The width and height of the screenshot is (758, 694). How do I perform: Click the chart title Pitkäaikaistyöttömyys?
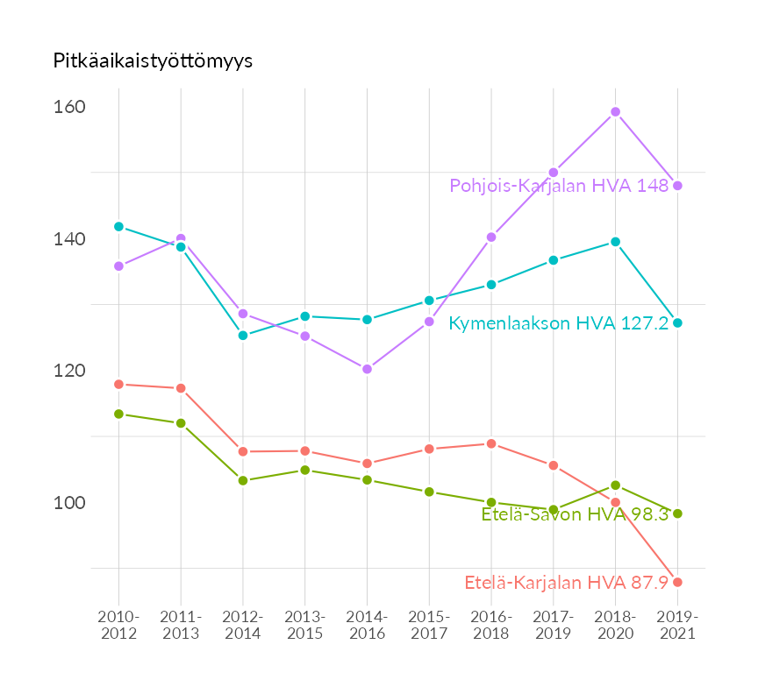point(153,60)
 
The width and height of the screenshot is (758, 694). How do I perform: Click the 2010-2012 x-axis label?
point(118,625)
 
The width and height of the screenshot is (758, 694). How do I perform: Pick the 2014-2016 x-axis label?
point(367,625)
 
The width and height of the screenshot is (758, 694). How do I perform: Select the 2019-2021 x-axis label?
point(677,625)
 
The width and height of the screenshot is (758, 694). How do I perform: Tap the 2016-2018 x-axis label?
point(491,625)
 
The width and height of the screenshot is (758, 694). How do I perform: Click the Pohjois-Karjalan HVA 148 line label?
point(559,186)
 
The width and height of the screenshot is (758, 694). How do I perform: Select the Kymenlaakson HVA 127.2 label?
point(558,323)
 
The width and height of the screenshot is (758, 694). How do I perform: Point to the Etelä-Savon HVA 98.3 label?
point(575,514)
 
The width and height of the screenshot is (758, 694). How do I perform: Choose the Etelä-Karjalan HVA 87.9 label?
point(566,583)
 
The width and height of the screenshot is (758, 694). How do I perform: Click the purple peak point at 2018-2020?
point(616,112)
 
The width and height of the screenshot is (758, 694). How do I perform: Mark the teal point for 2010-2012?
point(118,227)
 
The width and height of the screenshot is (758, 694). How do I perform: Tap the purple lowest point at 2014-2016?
point(367,369)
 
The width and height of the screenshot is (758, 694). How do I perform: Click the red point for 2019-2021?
point(677,583)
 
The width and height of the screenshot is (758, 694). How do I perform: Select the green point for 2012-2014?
point(243,480)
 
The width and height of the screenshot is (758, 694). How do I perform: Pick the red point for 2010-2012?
point(118,384)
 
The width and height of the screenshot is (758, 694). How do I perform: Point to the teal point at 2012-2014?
point(243,336)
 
